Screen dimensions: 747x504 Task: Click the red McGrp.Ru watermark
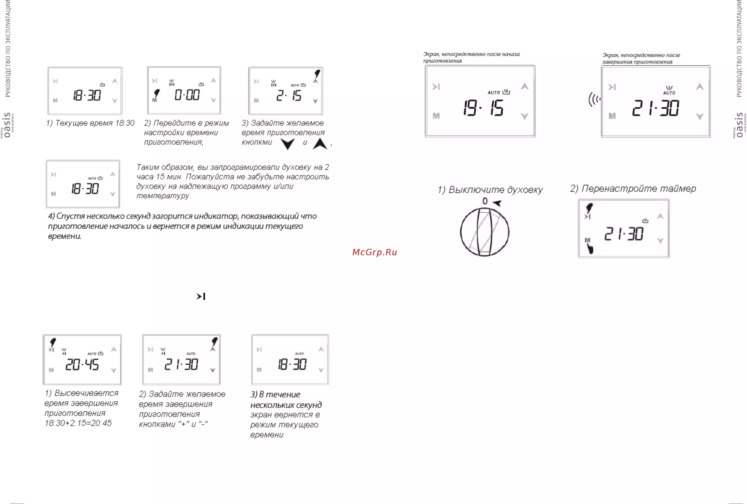pos(375,252)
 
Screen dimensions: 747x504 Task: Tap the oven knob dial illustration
pos(485,232)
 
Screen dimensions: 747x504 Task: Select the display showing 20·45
pos(82,364)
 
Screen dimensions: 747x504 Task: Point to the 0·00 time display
pos(187,95)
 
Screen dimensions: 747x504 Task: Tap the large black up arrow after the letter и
pos(320,144)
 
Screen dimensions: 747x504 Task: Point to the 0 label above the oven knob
pos(485,201)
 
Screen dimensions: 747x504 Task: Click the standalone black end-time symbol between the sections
pos(201,296)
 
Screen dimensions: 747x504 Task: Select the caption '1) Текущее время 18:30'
pos(90,123)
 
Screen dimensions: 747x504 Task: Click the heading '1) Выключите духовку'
pos(490,190)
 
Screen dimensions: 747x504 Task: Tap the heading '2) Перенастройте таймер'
pos(633,189)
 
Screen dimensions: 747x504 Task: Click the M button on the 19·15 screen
pos(436,116)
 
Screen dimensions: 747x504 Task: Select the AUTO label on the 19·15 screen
pos(494,93)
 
